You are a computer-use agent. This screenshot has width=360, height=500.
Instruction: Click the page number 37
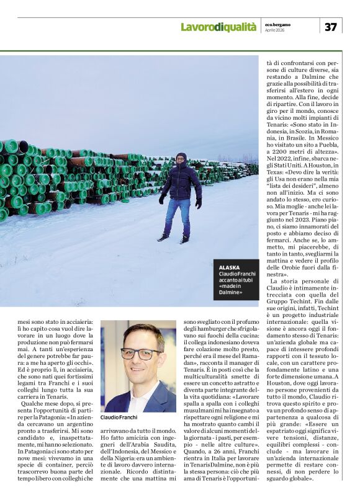pyautogui.click(x=331, y=27)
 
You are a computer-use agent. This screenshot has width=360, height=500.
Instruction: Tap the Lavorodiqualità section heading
pyautogui.click(x=218, y=27)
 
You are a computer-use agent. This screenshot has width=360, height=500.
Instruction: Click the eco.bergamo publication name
pyautogui.click(x=277, y=24)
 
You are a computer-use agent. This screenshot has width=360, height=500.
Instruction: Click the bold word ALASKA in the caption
pyautogui.click(x=229, y=267)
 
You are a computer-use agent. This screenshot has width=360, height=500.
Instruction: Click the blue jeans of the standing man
pyautogui.click(x=177, y=214)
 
